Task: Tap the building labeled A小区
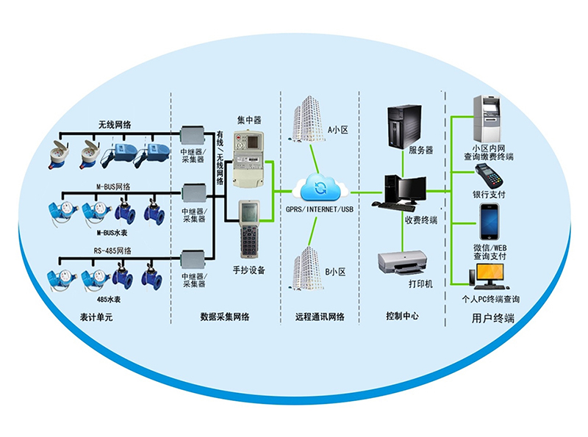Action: tap(306, 118)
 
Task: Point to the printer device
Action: tap(401, 261)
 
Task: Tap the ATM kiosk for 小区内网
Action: tap(487, 120)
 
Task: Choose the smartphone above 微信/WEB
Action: tap(490, 220)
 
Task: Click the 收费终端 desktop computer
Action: tap(401, 193)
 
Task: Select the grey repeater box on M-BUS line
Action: tap(193, 193)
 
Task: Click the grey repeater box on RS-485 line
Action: tap(193, 259)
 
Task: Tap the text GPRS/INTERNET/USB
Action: tap(319, 209)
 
